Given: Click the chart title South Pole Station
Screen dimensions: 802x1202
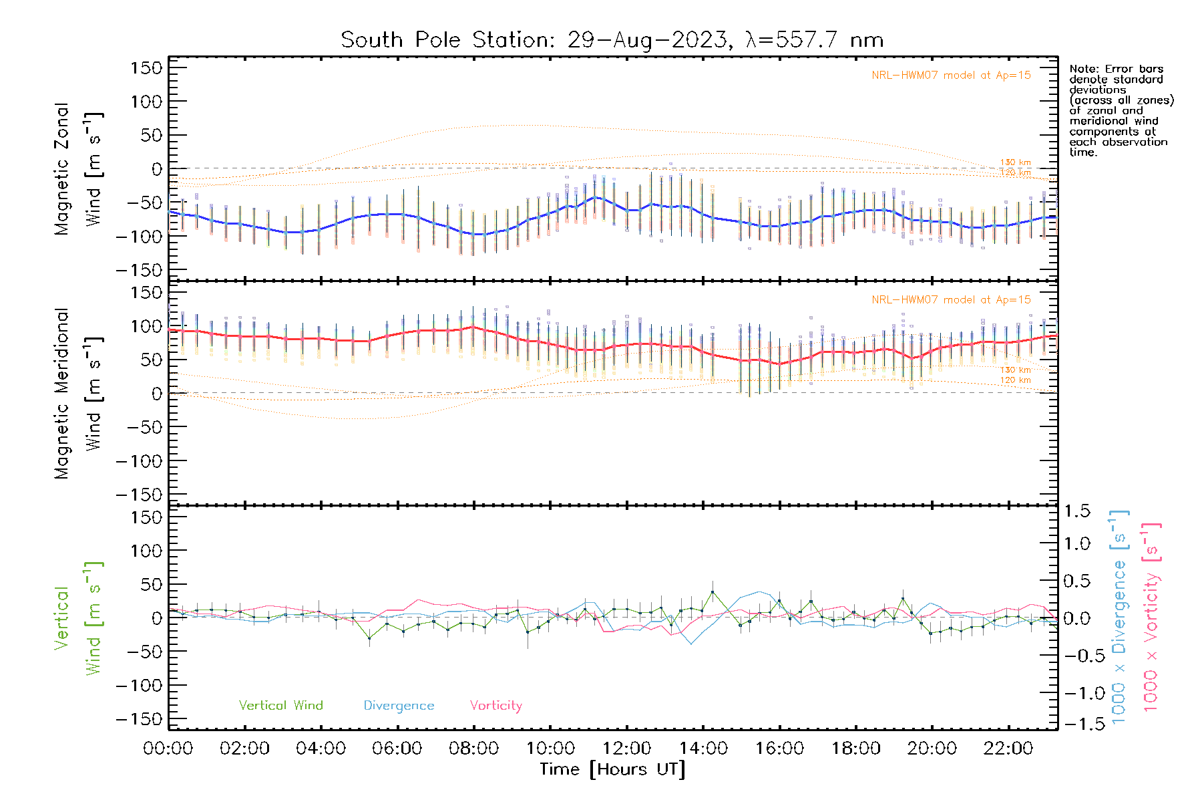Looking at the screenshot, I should [612, 40].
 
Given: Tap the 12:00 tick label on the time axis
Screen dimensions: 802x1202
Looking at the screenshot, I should [626, 749].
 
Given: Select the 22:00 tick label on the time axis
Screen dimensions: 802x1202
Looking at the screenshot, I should [1008, 749].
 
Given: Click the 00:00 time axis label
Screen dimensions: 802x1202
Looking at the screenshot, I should [168, 749].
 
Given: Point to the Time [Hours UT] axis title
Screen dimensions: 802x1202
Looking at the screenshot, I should [612, 769].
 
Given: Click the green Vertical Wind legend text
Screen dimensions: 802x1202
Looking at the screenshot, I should [280, 706].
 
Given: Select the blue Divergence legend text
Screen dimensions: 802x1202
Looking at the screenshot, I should [399, 706].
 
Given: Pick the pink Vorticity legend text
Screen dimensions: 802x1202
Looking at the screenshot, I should [495, 706].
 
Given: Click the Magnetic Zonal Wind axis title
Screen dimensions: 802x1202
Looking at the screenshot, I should [78, 169].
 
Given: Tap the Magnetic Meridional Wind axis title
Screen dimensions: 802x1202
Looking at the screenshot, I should [78, 394].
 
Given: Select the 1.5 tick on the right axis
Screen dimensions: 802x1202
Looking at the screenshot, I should [1076, 511].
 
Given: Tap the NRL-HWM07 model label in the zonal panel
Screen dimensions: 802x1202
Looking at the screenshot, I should [951, 76].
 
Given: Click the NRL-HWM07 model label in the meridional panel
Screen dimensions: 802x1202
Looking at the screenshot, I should [951, 300].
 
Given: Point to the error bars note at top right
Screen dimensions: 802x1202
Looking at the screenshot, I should [1121, 110].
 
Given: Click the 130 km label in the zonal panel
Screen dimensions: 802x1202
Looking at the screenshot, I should [1015, 162].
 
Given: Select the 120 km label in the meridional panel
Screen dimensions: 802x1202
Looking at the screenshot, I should [1015, 380].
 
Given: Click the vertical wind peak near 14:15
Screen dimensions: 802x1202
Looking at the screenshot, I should [713, 592].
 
